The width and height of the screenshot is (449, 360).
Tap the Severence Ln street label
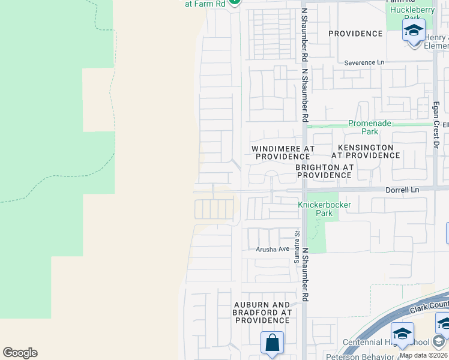pos(364,62)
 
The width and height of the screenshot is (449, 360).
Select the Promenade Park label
pos(370,127)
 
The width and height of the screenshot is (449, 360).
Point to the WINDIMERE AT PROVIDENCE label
pos(283,152)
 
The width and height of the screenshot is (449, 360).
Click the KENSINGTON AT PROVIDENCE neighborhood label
pos(369,151)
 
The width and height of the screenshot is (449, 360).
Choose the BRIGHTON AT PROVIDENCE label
pos(323,171)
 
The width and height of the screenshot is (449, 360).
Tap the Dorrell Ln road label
pos(402,190)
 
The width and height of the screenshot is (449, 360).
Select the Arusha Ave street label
pos(273,249)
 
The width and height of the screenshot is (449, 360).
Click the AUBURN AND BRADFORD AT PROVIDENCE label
pos(263,313)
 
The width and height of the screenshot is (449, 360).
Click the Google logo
pos(20,353)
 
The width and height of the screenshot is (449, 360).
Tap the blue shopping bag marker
pos(272,343)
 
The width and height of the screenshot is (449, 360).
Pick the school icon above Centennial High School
pos(402,333)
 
